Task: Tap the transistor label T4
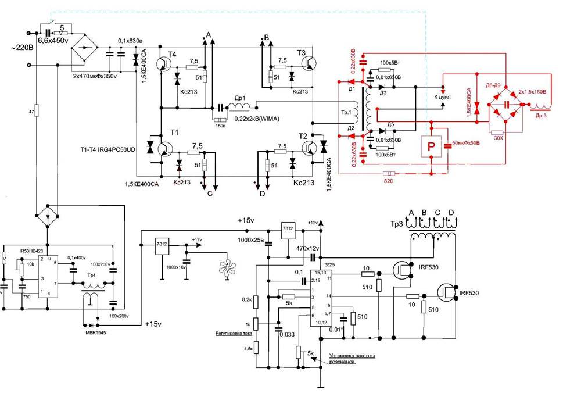pyautogui.click(x=171, y=54)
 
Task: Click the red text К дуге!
pyautogui.click(x=442, y=97)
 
